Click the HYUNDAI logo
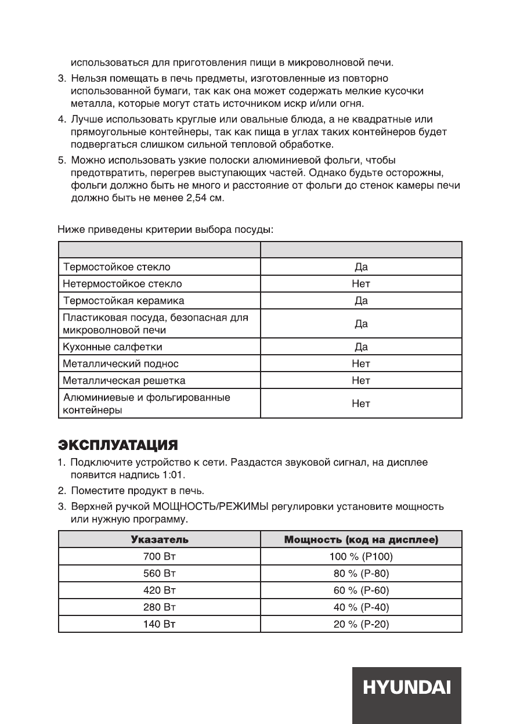click(407, 688)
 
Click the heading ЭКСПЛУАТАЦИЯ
click(118, 446)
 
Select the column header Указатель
click(160, 540)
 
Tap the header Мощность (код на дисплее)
click(361, 540)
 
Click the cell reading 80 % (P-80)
click(361, 574)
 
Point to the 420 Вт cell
click(160, 590)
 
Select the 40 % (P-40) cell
click(361, 607)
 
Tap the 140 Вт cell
click(160, 624)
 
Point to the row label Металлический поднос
click(120, 364)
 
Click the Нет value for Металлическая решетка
click(361, 381)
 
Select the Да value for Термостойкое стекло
click(361, 267)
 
